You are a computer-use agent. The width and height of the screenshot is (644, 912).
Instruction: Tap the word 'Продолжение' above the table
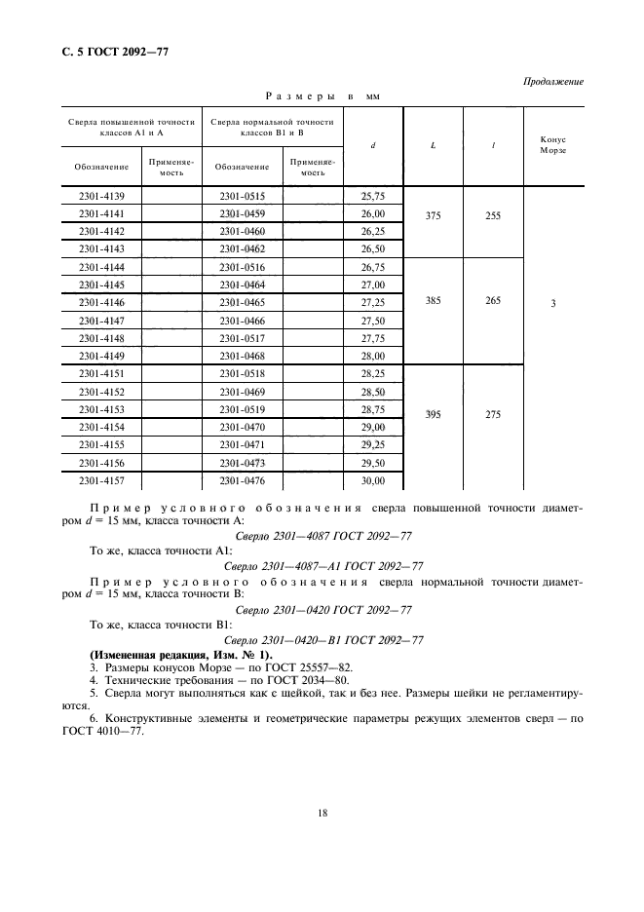tap(553, 81)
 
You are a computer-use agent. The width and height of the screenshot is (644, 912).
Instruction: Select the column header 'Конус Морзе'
tap(552, 145)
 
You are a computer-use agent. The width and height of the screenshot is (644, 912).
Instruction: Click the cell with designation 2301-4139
tap(101, 196)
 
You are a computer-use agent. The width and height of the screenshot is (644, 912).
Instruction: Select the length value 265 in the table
tap(492, 301)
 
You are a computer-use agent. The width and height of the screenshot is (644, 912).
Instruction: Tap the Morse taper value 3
tap(552, 304)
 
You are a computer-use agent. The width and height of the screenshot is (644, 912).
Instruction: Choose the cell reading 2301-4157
tap(101, 480)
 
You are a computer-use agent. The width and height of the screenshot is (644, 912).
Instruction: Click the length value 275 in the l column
tap(492, 415)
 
